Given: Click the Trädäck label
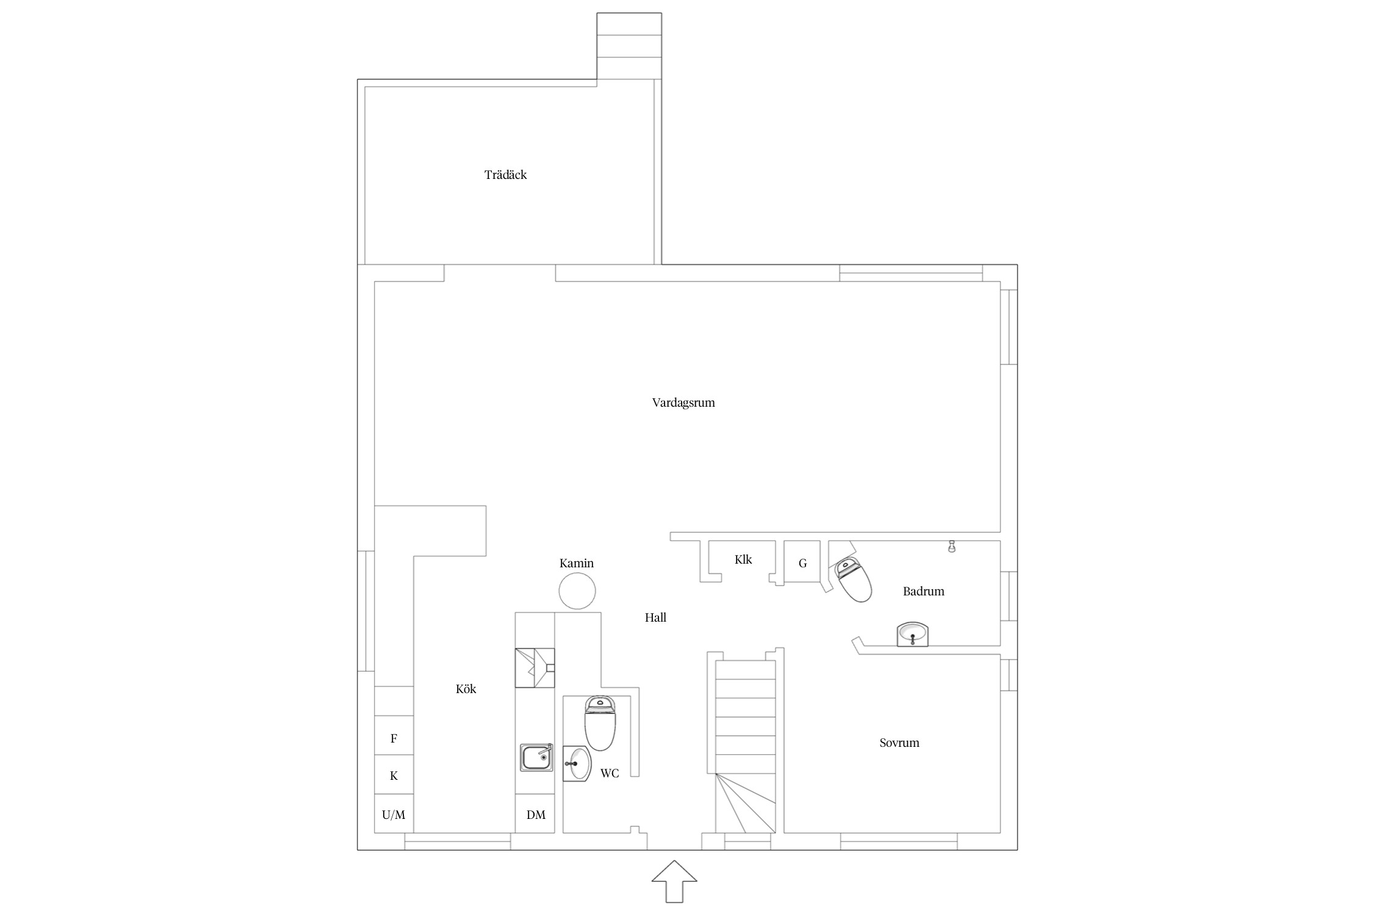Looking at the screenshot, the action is (x=505, y=175).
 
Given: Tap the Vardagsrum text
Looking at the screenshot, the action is (x=683, y=403).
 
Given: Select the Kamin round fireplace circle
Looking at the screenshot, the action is (x=577, y=591).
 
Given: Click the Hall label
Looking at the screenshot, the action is (x=655, y=617).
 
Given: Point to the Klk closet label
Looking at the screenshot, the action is (x=743, y=559).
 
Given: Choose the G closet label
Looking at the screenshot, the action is (x=802, y=564).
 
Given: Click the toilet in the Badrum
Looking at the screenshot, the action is (x=853, y=578).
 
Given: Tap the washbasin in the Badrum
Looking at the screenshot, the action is (x=912, y=634).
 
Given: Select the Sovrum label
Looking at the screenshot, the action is (x=899, y=743).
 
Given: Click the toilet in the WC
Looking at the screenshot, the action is (x=600, y=723).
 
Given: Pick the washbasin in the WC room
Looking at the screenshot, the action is (x=577, y=763).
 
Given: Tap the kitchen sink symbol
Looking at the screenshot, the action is (x=536, y=757).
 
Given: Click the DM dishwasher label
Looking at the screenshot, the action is (x=536, y=815).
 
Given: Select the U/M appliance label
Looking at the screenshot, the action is (x=394, y=815).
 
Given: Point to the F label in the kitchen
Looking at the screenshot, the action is (x=394, y=738).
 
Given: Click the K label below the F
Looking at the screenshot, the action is (x=394, y=776).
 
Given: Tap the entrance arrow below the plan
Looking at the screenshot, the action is (x=674, y=881).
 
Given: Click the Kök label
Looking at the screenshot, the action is (x=466, y=689).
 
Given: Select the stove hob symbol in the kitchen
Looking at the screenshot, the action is (x=535, y=667).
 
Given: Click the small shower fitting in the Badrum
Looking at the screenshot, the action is (x=951, y=547).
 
